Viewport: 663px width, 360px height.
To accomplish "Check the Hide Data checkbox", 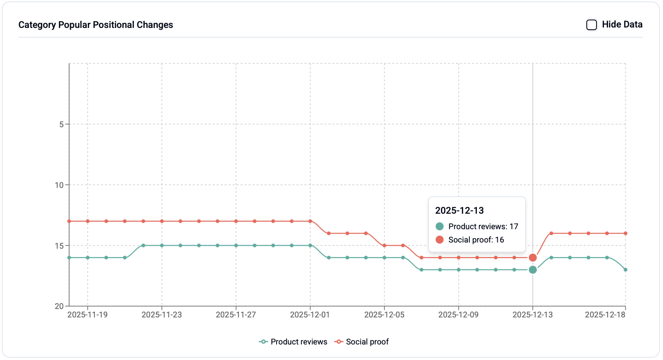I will click(x=591, y=25).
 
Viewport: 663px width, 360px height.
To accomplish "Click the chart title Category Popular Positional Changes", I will click(x=96, y=25).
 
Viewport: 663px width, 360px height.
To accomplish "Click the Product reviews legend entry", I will click(x=293, y=342).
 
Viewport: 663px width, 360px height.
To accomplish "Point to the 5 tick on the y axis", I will click(x=61, y=124).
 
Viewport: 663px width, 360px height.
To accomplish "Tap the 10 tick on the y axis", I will click(x=59, y=185).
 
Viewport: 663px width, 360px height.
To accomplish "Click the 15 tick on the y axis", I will click(x=59, y=246).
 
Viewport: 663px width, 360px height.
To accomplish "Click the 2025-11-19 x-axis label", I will click(x=87, y=315).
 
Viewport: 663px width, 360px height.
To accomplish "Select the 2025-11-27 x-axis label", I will click(x=236, y=315).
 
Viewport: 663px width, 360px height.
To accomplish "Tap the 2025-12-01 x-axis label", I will click(x=310, y=315).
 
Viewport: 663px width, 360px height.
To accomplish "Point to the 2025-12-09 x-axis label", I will click(x=458, y=315).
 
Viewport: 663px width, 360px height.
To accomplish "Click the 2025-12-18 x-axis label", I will click(x=605, y=315).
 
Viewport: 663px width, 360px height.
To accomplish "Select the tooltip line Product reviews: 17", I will click(x=483, y=227).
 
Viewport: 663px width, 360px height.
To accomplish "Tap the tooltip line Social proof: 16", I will click(x=476, y=240).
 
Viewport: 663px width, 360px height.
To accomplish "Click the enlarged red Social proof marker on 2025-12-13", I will click(x=533, y=258).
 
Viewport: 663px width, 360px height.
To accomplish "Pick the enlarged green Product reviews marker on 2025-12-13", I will click(x=533, y=270).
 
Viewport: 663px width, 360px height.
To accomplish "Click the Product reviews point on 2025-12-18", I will click(x=625, y=270).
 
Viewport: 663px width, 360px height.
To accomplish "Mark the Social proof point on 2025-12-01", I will click(x=310, y=221).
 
